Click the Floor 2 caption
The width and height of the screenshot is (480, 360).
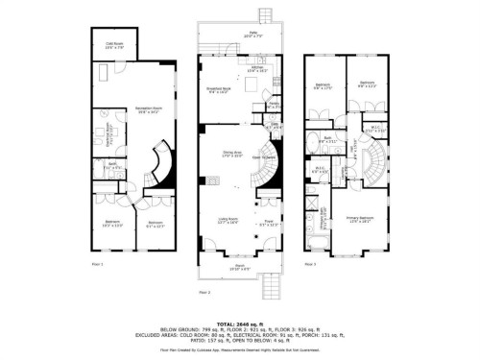point(204,290)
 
